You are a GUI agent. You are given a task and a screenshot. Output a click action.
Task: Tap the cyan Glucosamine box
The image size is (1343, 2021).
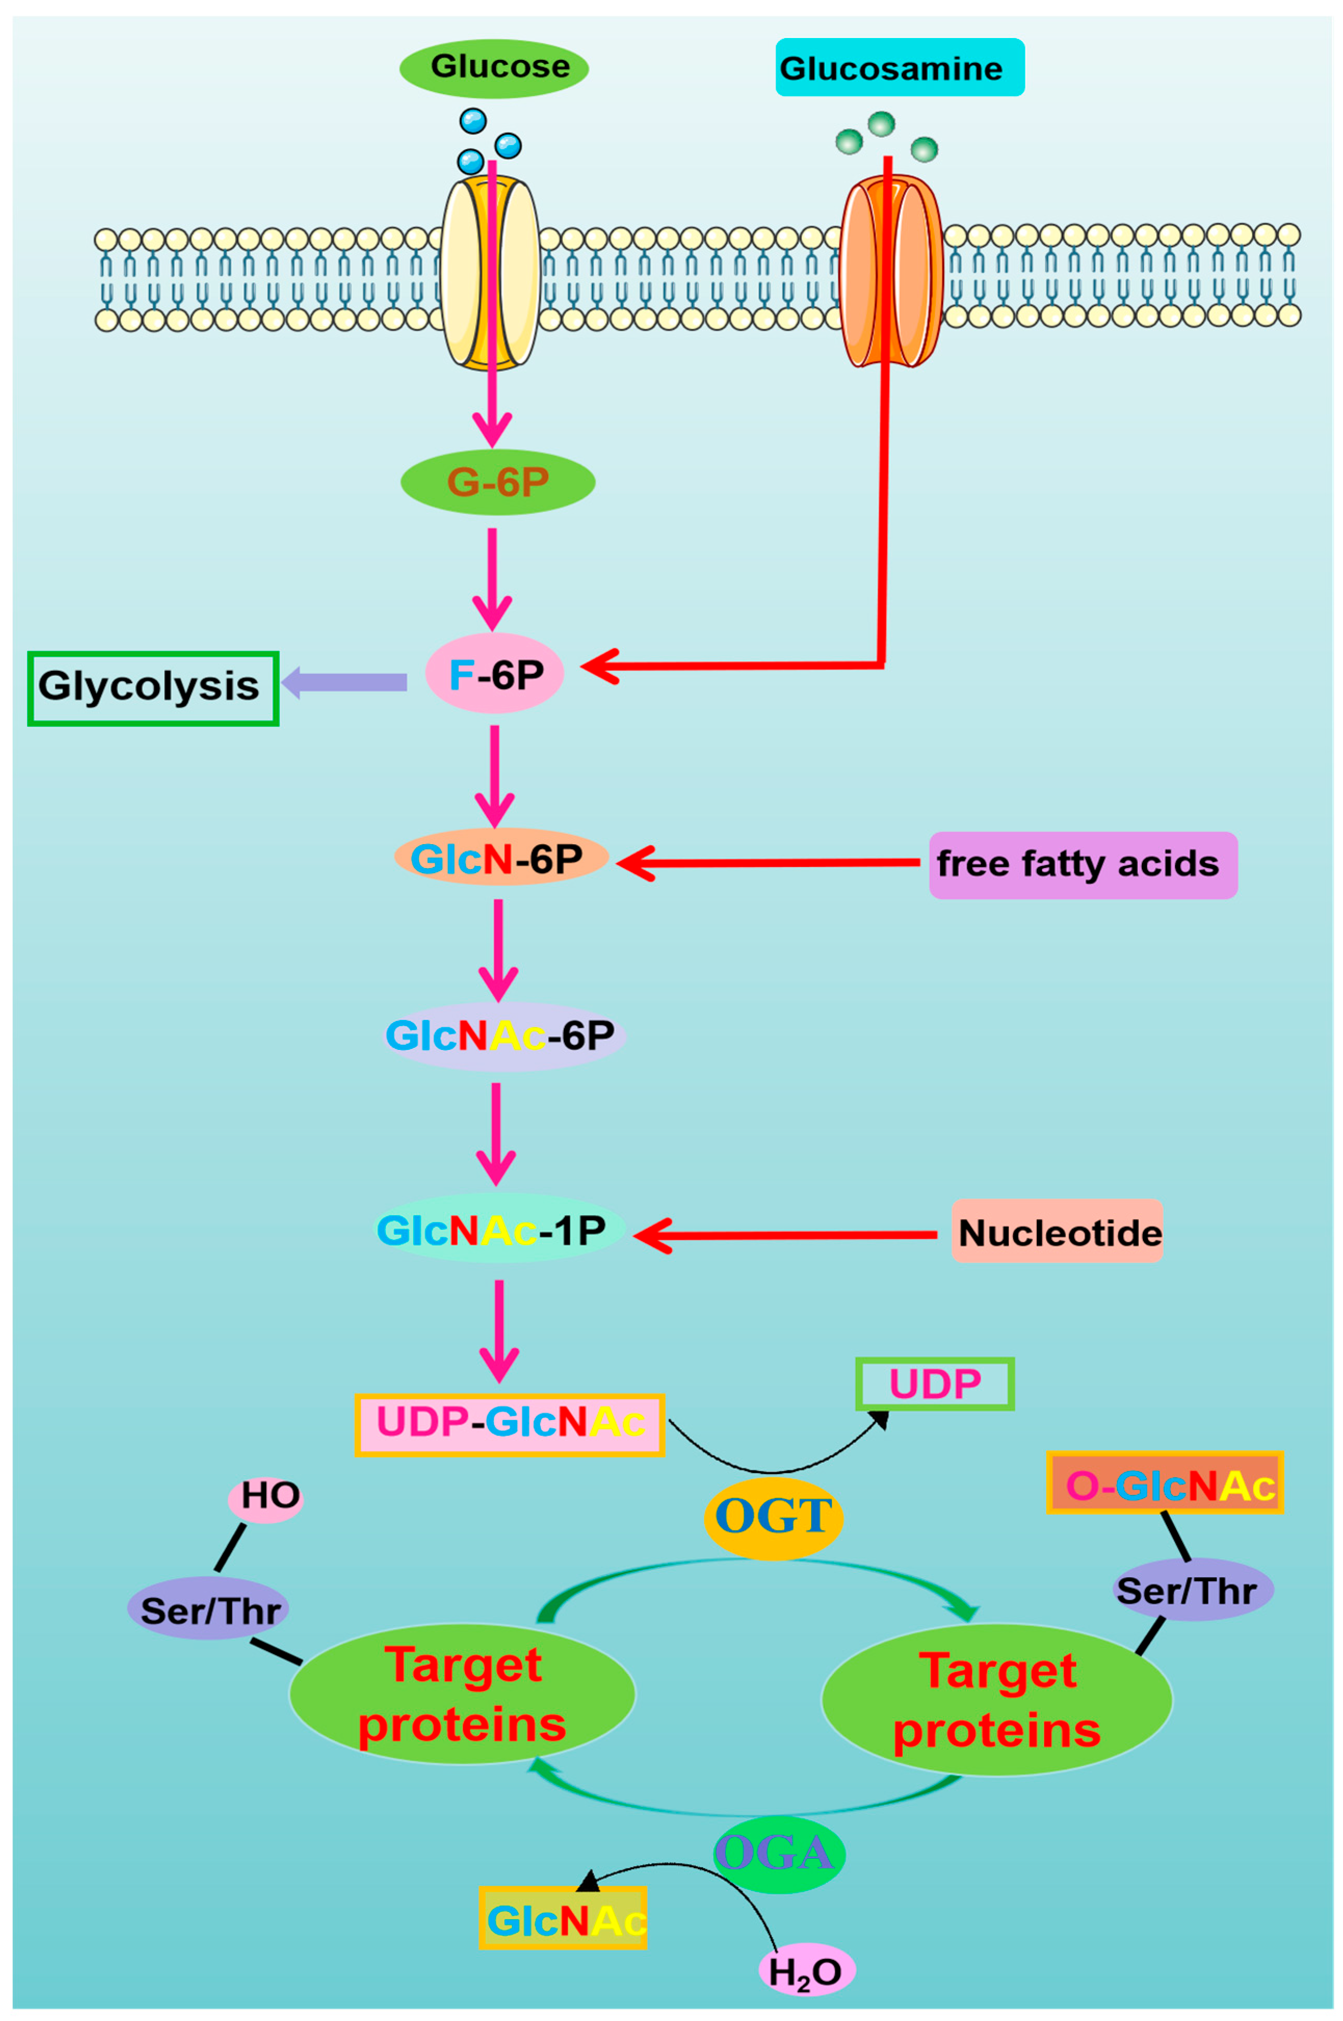899,68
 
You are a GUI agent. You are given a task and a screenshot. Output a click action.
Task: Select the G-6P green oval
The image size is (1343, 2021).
497,482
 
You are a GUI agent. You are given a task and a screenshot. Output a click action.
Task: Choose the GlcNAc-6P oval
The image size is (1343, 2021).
504,1035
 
